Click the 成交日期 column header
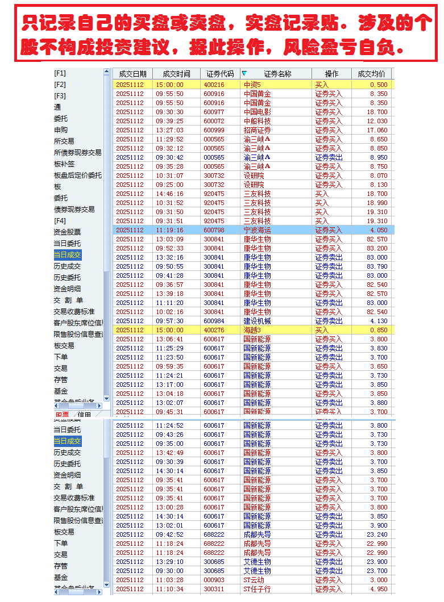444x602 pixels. tap(132, 74)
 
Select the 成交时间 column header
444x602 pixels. tap(176, 74)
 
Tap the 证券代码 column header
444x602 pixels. tap(220, 74)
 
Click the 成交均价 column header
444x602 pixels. tap(372, 74)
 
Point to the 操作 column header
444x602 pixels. tap(331, 74)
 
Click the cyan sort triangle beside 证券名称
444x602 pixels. tap(244, 73)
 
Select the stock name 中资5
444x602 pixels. tap(252, 85)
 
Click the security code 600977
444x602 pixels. tap(214, 112)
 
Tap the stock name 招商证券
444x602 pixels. tap(257, 130)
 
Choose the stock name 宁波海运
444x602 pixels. tap(257, 230)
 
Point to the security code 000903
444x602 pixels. tap(214, 580)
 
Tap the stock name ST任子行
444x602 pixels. tap(257, 589)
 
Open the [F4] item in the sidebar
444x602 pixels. tap(60, 221)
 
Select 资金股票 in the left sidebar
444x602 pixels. tap(67, 232)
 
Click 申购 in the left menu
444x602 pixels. tap(60, 130)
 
